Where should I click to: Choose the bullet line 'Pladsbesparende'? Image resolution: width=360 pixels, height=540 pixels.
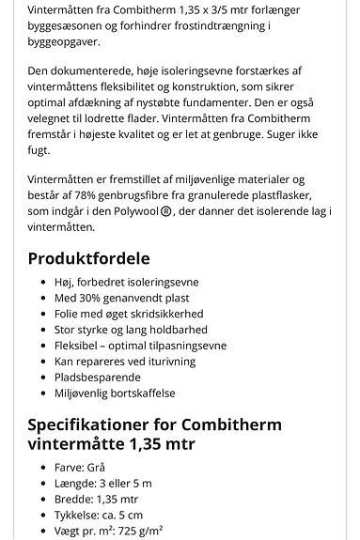point(98,377)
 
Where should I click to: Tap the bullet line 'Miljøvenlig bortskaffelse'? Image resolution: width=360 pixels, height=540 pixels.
point(115,393)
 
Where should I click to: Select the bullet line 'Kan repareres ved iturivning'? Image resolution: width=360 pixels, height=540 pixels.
point(125,361)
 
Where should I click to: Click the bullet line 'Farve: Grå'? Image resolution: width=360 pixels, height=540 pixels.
point(84,467)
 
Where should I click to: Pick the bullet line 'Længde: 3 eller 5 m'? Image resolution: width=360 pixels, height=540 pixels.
point(105,483)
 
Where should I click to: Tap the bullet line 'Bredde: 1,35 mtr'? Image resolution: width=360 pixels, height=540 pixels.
point(98,499)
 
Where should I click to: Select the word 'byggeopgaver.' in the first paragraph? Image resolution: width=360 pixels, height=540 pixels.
point(63,42)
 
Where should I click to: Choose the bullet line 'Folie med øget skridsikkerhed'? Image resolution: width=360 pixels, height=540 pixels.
point(128,313)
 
